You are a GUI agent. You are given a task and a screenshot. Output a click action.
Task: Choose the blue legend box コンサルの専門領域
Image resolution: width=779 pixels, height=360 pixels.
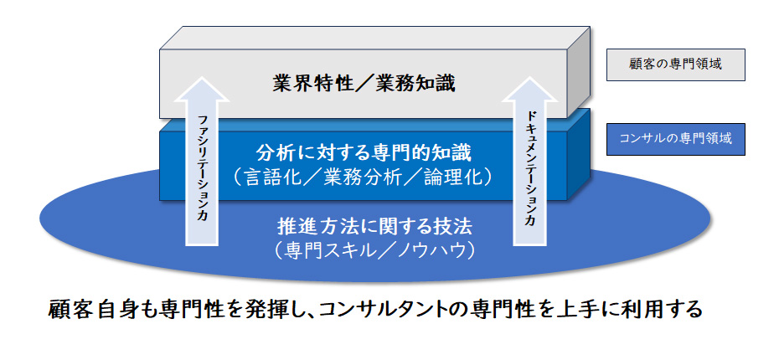(x=675, y=139)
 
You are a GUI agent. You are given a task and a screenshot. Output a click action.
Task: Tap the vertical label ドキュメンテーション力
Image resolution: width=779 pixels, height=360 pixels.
(x=529, y=167)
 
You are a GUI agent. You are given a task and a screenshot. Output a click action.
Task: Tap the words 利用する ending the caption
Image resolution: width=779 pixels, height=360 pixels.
(x=669, y=309)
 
